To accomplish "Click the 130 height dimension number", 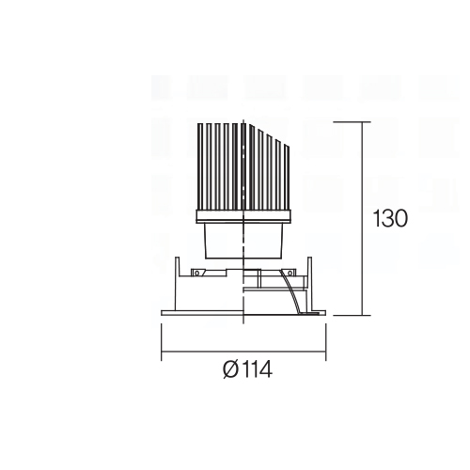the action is point(390,218).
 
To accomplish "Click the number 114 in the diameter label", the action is point(257,369).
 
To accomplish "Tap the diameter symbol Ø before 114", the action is point(231,369).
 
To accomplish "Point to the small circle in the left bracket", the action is point(196,273).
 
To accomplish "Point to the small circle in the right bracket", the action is point(290,273).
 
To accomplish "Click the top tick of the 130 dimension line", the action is point(352,121).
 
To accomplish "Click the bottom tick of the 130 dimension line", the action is point(352,315).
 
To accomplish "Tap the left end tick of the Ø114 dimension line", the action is point(162,342).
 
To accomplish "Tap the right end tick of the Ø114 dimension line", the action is point(326,342).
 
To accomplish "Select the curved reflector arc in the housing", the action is point(290,291).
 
